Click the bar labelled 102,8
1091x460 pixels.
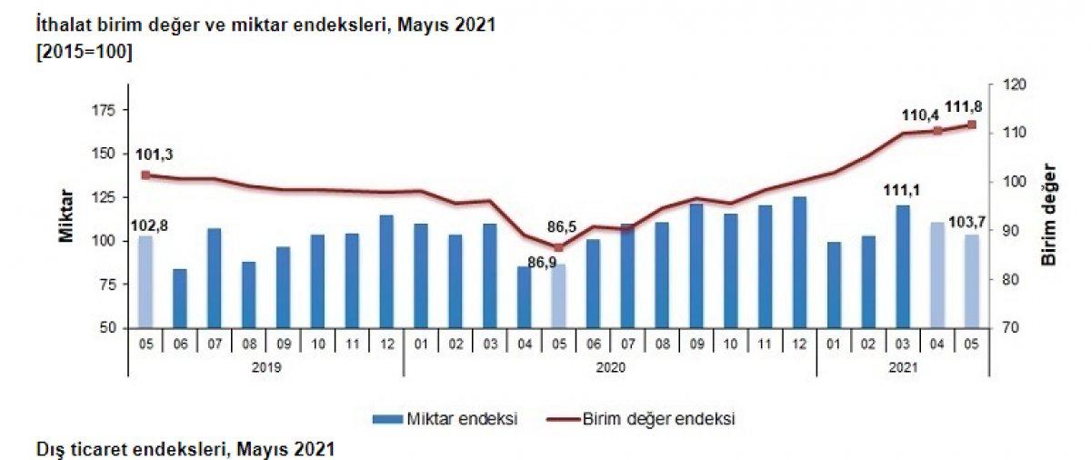point(145,281)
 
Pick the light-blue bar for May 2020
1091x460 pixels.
point(559,295)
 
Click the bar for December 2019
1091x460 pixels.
point(386,271)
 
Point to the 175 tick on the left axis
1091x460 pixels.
point(105,110)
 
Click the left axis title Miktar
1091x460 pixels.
point(66,215)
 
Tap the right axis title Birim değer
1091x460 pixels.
point(1050,215)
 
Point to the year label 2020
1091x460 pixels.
point(610,368)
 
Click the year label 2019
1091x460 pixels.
point(265,368)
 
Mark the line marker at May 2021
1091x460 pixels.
point(971,125)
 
